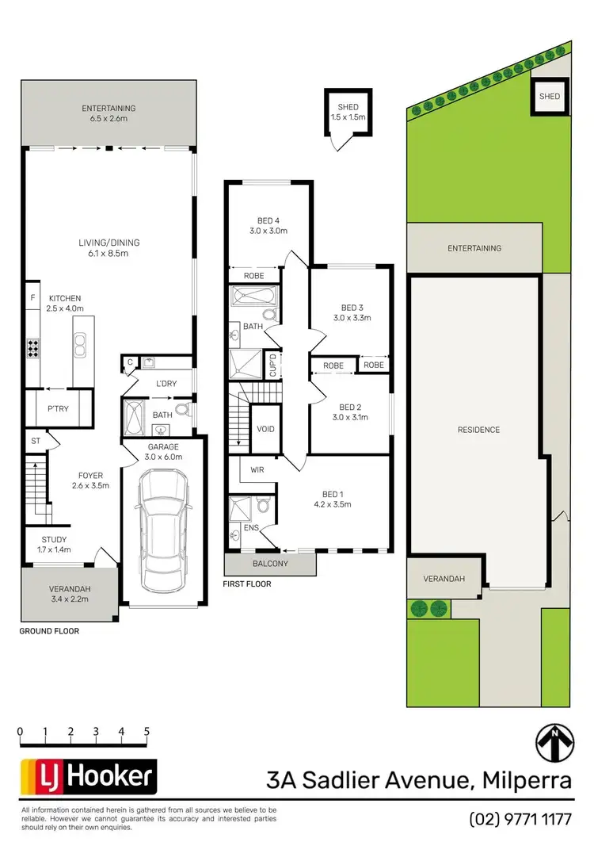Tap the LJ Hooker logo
(x=88, y=778)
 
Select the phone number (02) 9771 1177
(x=520, y=818)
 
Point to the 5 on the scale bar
(x=147, y=731)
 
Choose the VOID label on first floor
(x=266, y=429)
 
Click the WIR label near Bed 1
(x=257, y=469)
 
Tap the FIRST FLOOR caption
(x=247, y=584)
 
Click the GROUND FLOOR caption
(x=49, y=632)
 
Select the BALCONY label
(x=269, y=564)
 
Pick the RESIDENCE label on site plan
(x=478, y=430)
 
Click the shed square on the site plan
(x=550, y=97)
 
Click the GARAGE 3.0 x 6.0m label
(x=166, y=451)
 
